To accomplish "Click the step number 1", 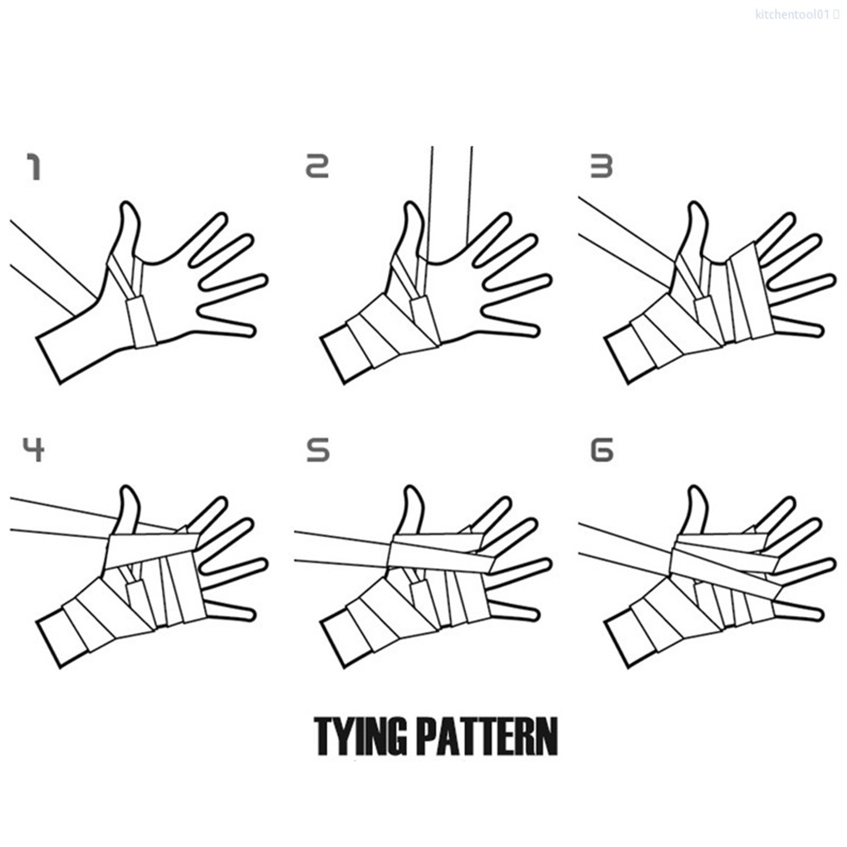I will [33, 168].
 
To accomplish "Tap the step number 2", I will [317, 168].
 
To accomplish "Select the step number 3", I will [600, 168].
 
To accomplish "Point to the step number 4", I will [33, 450].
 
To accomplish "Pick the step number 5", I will [317, 450].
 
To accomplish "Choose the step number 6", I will [600, 450].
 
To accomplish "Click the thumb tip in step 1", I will [128, 207].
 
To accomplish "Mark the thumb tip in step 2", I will [411, 207].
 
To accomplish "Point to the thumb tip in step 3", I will [696, 207].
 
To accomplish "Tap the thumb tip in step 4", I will [128, 492].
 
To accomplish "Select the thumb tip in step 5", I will [413, 492].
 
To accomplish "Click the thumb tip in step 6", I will [696, 492].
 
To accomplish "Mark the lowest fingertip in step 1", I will [247, 330].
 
